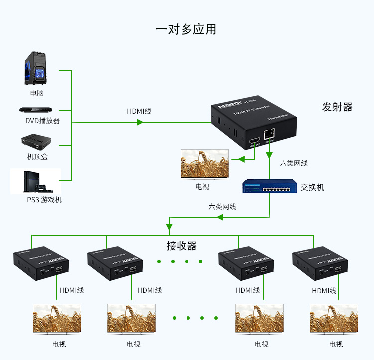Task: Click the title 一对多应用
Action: tap(186, 29)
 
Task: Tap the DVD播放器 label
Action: tap(43, 121)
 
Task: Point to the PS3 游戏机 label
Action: tap(44, 200)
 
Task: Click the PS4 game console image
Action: tap(36, 181)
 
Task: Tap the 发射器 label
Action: tap(337, 107)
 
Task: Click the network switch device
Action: tap(270, 187)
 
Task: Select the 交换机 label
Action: tap(312, 187)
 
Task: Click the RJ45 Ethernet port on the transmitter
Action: tap(270, 134)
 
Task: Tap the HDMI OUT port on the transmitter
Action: tap(254, 140)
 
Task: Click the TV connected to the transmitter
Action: tap(205, 164)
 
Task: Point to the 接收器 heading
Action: tap(182, 246)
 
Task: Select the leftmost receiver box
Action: tap(40, 262)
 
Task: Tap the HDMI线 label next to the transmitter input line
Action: tap(139, 111)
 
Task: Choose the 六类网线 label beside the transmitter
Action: tap(294, 163)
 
